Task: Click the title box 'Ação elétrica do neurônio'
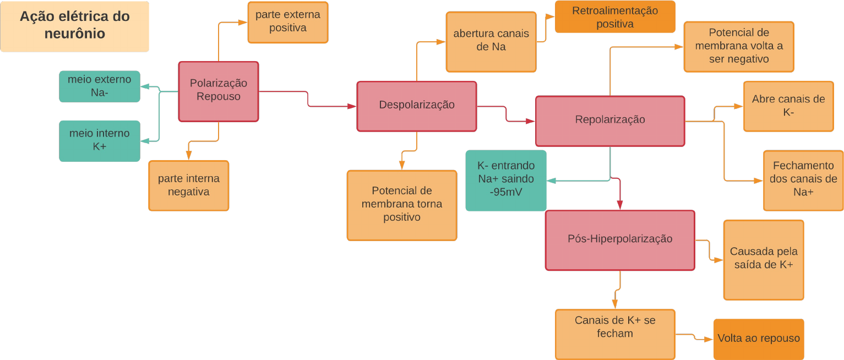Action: (x=74, y=26)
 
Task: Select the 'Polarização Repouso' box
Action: (x=219, y=91)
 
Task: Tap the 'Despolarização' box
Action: (x=417, y=106)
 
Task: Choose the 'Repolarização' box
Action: (x=610, y=121)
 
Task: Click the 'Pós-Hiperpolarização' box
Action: (x=620, y=240)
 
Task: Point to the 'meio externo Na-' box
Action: (x=100, y=86)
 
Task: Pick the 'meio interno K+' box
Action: (x=100, y=141)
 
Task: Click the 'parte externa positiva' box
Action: (x=288, y=23)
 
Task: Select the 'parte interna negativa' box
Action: (x=189, y=186)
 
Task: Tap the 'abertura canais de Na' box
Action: (x=491, y=42)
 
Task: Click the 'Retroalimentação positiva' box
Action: (x=615, y=17)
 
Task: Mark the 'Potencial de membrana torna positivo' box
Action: (x=402, y=205)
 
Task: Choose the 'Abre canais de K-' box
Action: (x=788, y=106)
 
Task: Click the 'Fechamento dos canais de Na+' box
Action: (x=803, y=181)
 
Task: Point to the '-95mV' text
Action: (x=506, y=193)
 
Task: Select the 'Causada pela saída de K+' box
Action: (x=764, y=260)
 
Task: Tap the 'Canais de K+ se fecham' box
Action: (x=615, y=334)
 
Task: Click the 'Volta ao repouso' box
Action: (x=759, y=339)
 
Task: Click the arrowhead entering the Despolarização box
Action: (x=352, y=106)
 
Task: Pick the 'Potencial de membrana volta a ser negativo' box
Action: (x=739, y=47)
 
